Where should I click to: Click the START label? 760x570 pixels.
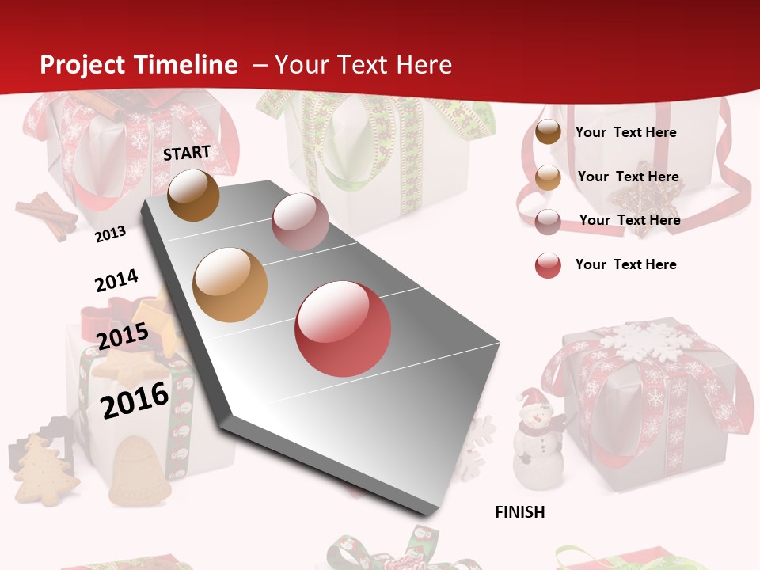click(187, 153)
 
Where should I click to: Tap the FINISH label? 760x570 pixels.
click(520, 512)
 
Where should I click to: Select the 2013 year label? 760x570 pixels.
click(110, 234)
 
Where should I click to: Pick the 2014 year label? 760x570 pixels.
click(116, 281)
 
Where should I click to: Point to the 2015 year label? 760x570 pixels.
click(123, 336)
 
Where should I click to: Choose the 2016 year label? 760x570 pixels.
click(135, 399)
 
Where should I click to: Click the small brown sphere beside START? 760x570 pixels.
click(194, 195)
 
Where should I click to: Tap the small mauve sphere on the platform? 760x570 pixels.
click(300, 222)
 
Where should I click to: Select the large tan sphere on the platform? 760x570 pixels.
click(230, 285)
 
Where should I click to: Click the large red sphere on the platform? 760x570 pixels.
click(343, 329)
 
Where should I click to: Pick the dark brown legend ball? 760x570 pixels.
click(548, 132)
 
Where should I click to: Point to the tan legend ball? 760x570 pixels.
click(548, 177)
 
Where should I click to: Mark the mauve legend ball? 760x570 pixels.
click(548, 221)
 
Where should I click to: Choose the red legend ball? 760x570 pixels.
click(548, 265)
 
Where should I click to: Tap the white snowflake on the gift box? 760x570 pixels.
click(640, 340)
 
